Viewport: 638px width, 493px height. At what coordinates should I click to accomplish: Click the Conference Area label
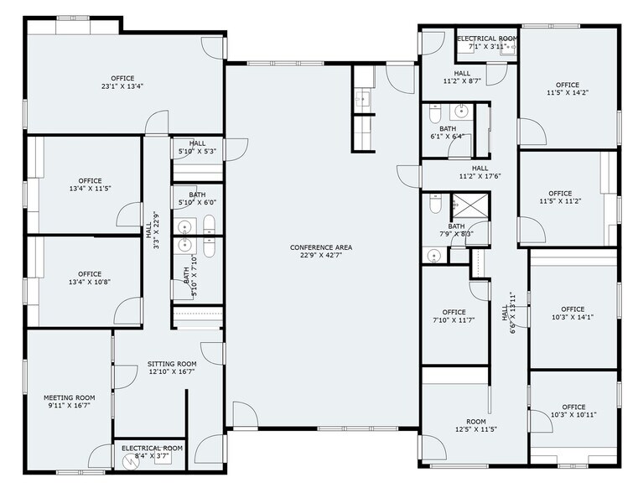321,247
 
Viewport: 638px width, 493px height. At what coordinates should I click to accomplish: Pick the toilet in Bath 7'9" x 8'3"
434,205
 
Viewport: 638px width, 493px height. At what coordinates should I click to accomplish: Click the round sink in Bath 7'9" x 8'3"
434,256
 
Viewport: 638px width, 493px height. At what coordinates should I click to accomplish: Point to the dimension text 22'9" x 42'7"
321,257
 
